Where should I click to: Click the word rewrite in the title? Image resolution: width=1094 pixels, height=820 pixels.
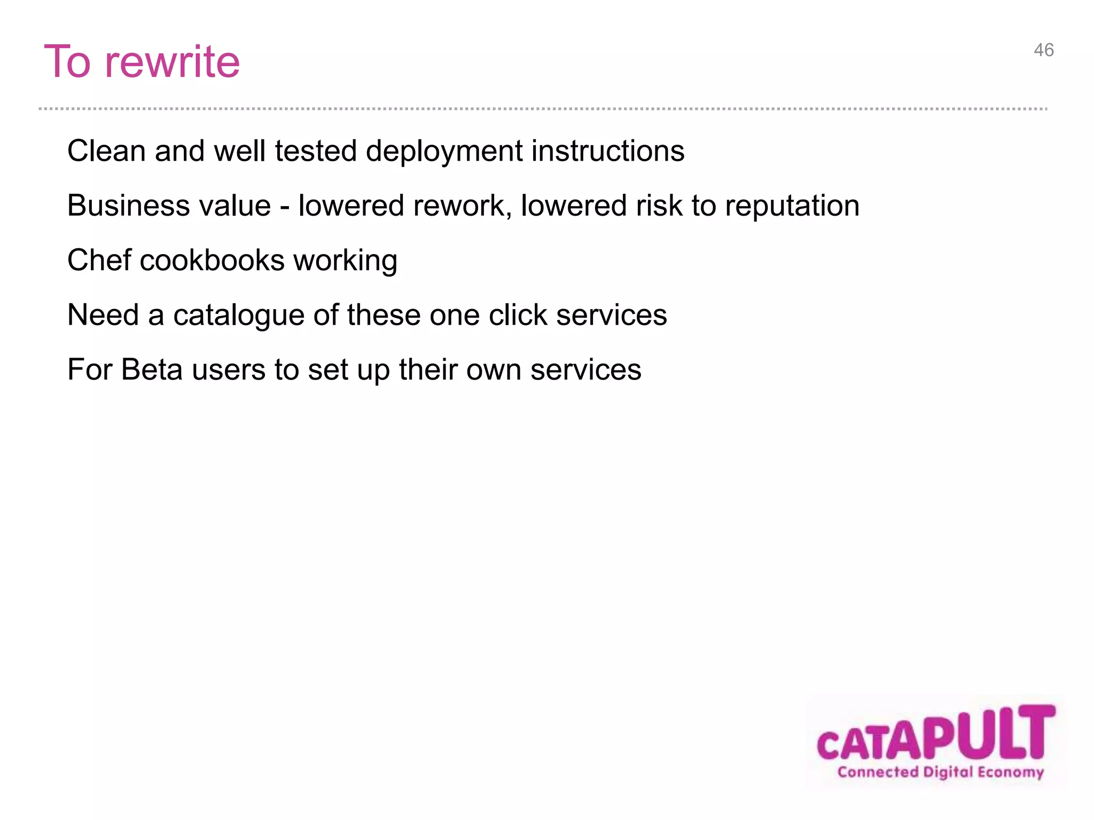point(172,62)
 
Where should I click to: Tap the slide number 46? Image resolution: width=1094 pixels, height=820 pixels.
point(1043,50)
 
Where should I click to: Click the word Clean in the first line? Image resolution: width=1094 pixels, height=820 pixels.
point(106,151)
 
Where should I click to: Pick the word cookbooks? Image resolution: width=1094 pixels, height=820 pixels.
point(212,261)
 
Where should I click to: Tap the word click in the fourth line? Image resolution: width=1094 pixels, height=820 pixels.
point(518,315)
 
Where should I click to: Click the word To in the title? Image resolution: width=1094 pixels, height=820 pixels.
point(67,62)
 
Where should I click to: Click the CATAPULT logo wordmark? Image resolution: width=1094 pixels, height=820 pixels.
point(935,735)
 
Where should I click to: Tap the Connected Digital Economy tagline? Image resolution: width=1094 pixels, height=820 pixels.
point(940,772)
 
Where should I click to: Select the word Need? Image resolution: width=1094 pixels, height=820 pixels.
point(103,315)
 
